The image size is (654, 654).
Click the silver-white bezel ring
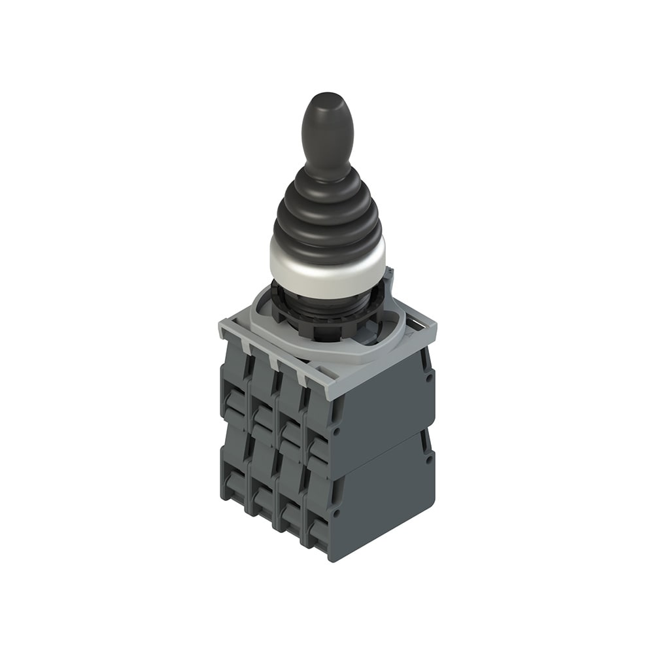tap(327, 268)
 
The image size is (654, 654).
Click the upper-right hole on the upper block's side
tap(428, 377)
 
